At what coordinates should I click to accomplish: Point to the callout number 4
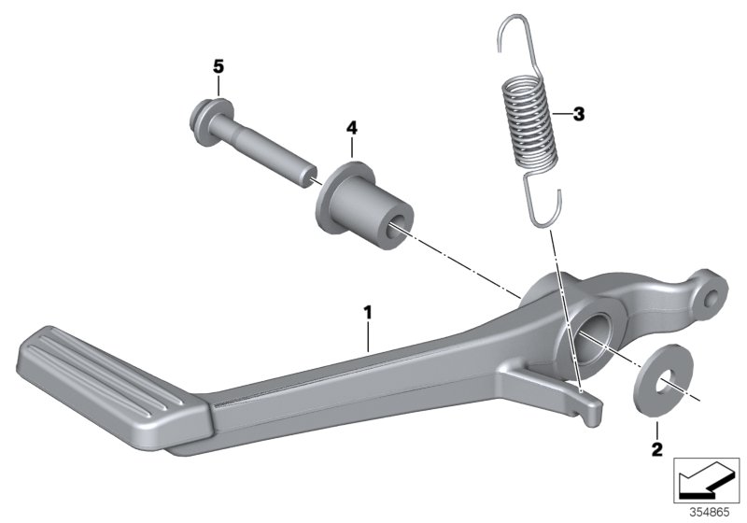[x=351, y=127]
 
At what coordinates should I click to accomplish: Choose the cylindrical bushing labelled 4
[x=364, y=206]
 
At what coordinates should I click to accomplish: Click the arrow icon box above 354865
[x=707, y=482]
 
